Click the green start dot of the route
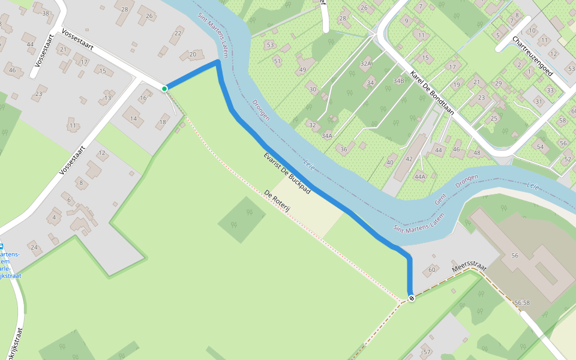164,89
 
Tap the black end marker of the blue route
411,298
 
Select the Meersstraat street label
469,276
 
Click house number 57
427,351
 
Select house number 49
302,70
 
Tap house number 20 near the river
193,55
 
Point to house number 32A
366,63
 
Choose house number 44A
419,176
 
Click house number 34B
398,80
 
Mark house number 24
34,247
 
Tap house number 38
46,13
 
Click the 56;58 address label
522,302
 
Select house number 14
133,118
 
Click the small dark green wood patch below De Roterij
241,219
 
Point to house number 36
343,149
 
